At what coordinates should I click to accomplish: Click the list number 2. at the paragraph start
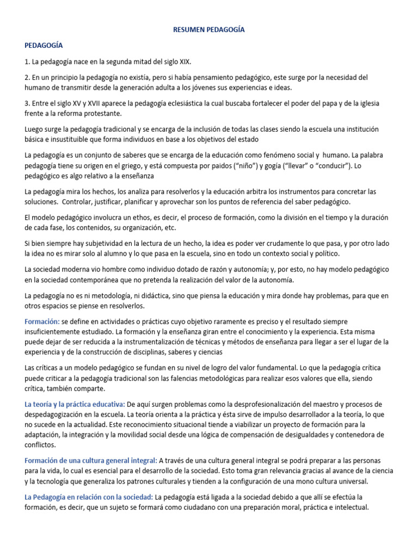click(x=28, y=78)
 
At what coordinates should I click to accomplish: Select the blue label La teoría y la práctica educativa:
click(x=75, y=404)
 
